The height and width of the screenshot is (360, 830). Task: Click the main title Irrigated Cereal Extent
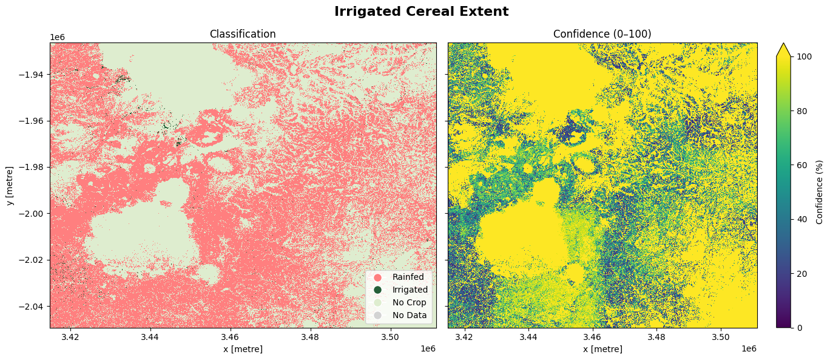[x=421, y=12]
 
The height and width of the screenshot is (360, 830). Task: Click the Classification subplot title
[x=243, y=34]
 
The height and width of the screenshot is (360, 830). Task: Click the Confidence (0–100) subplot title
[x=602, y=34]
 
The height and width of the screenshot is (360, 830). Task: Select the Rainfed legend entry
[x=408, y=277]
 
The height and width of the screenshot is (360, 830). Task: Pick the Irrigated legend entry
[x=410, y=290]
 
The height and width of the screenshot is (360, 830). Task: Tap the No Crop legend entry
[x=409, y=302]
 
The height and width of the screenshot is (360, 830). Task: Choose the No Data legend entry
[x=409, y=315]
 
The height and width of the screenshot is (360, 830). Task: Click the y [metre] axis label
[x=10, y=185]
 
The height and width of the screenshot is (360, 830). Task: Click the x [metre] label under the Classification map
[x=243, y=349]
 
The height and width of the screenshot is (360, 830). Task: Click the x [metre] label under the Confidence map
[x=602, y=349]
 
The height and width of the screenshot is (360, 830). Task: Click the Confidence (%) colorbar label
[x=820, y=192]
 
